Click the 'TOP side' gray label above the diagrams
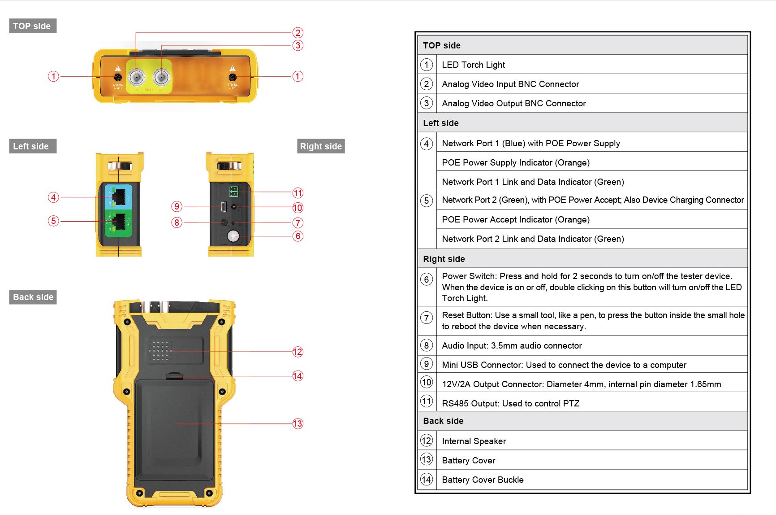[x=32, y=26]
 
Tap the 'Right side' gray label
[x=321, y=146]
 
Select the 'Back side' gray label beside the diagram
[x=33, y=297]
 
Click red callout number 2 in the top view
[x=298, y=33]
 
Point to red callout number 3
[x=298, y=45]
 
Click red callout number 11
[x=298, y=193]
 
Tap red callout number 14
[x=298, y=376]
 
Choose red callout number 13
[x=298, y=423]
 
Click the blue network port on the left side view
[x=119, y=196]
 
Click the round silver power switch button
[x=233, y=236]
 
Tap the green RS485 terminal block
[x=233, y=192]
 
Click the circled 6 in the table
[x=427, y=279]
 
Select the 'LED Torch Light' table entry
[x=473, y=65]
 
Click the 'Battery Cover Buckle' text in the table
[x=483, y=480]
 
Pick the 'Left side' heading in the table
[x=441, y=123]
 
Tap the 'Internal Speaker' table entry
[x=474, y=441]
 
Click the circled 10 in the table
[x=427, y=382]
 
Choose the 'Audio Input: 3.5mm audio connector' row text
[x=512, y=345]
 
